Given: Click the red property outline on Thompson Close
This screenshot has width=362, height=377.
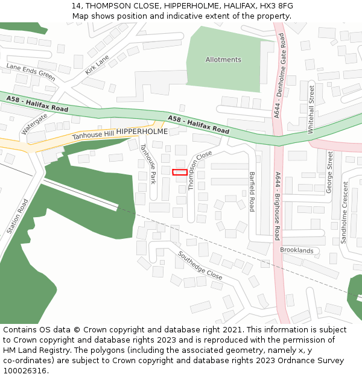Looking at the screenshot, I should coord(179,173).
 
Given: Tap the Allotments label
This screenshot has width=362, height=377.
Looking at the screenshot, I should coord(223,60).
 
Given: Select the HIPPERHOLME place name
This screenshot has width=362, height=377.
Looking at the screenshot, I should coord(142,131).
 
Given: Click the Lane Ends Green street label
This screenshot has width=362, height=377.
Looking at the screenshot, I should coord(31,72).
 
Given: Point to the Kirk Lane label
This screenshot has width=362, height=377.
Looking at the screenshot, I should coord(97,65).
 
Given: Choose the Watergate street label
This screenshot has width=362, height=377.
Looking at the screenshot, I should coord(34,123).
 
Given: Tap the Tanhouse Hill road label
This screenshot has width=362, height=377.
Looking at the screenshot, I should coord(93,135).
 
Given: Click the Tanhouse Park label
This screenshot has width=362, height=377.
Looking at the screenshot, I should coord(148,163).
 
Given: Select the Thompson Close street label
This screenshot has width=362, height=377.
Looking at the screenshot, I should coord(200,170).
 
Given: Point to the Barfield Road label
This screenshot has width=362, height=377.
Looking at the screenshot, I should coord(252,191).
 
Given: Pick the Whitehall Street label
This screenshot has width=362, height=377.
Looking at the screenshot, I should coord(311,109).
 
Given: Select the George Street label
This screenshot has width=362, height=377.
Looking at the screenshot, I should coord(329,172).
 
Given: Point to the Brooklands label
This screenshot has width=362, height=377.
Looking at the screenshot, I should coord(297,250).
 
